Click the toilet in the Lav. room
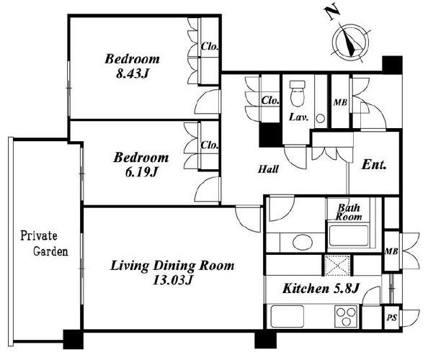tap(298, 94)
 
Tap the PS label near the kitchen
tap(391, 318)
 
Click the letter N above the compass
tap(332, 13)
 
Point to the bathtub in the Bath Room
tap(348, 235)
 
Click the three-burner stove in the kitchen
tap(346, 316)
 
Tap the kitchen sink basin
tap(287, 316)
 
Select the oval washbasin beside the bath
tap(303, 242)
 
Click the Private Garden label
tap(44, 243)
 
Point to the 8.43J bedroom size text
tap(133, 73)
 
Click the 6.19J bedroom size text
tap(141, 172)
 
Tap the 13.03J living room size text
tap(172, 280)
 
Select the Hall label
tap(268, 169)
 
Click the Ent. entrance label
tap(374, 165)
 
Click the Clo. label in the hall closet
tap(270, 100)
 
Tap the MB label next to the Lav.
tap(340, 102)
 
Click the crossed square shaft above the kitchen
tap(337, 265)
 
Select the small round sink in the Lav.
tap(321, 118)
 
